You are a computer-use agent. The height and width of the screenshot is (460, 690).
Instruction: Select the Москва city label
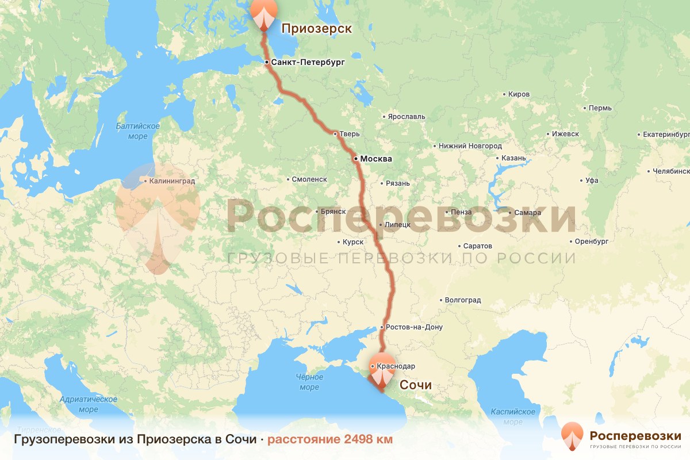point(376,159)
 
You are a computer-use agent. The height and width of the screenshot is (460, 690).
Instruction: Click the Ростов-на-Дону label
point(414,327)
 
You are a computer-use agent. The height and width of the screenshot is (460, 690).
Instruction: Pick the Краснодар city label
point(396,366)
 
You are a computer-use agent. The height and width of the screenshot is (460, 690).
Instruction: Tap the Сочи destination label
point(415,385)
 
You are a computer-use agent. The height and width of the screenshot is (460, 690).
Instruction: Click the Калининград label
point(172,181)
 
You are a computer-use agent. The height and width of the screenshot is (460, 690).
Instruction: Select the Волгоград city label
point(463,300)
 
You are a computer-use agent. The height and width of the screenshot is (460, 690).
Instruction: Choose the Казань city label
point(513,158)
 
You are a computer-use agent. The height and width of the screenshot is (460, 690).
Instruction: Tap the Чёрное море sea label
point(309,382)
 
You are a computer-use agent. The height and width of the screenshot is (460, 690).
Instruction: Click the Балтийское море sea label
point(137,131)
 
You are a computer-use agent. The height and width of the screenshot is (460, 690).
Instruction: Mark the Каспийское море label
point(513,416)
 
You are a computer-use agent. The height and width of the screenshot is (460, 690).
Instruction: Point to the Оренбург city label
point(592,241)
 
